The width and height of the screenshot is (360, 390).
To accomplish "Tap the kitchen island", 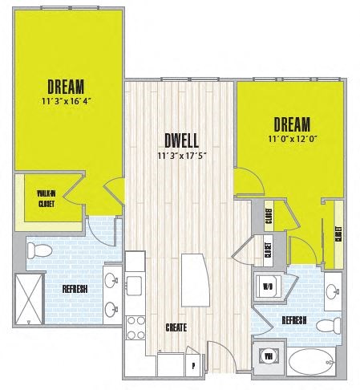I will click(x=193, y=278).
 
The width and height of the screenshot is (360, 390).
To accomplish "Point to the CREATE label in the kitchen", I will click(x=176, y=327).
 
